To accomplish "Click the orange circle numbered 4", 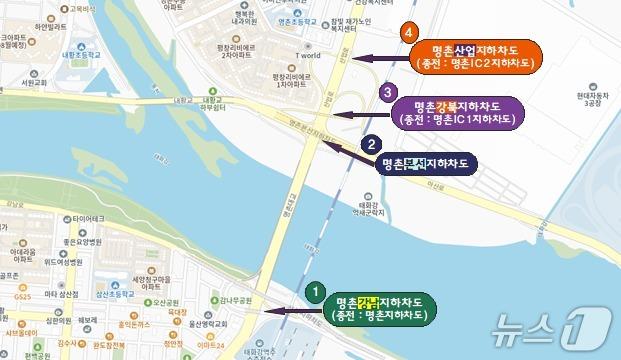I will coord(408,34).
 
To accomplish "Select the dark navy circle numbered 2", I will coord(370,144).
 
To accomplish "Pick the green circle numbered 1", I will coord(315,291).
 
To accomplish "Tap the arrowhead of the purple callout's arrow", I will coord(336,114).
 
